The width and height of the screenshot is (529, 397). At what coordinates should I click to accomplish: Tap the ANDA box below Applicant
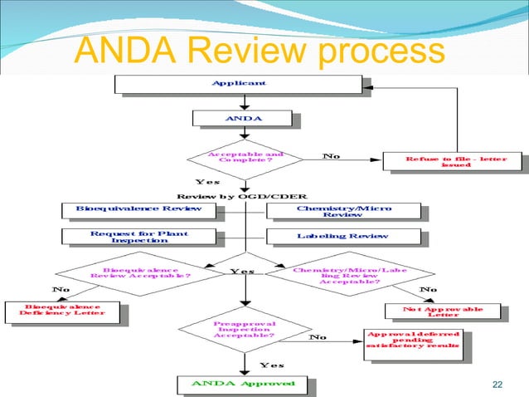click(243, 119)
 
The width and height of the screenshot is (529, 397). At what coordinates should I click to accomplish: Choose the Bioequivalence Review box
click(138, 209)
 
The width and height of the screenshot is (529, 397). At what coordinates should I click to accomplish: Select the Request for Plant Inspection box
click(138, 237)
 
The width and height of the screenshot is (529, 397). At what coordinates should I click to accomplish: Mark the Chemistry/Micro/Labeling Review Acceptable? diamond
click(347, 274)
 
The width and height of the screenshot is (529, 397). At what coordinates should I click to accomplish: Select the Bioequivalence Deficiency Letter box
click(66, 311)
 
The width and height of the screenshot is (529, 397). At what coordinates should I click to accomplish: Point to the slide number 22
click(497, 383)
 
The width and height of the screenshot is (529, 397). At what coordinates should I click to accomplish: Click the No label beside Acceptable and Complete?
click(331, 155)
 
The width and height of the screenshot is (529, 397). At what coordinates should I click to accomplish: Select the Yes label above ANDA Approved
click(272, 365)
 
